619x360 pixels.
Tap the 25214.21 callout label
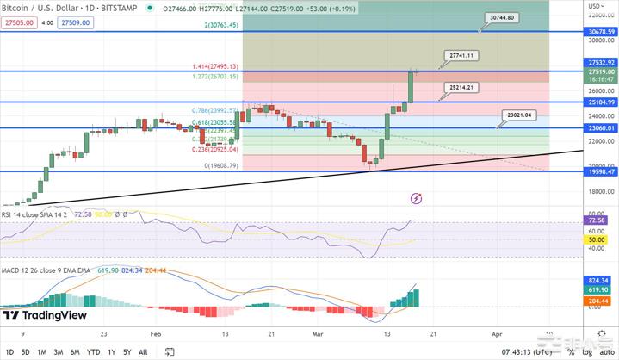[457, 87]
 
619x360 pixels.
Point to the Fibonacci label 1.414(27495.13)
[215, 66]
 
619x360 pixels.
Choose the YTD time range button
[94, 351]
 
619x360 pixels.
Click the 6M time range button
[75, 351]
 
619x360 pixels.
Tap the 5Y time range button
[127, 351]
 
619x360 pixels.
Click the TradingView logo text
[55, 315]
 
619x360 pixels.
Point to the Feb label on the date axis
[156, 333]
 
